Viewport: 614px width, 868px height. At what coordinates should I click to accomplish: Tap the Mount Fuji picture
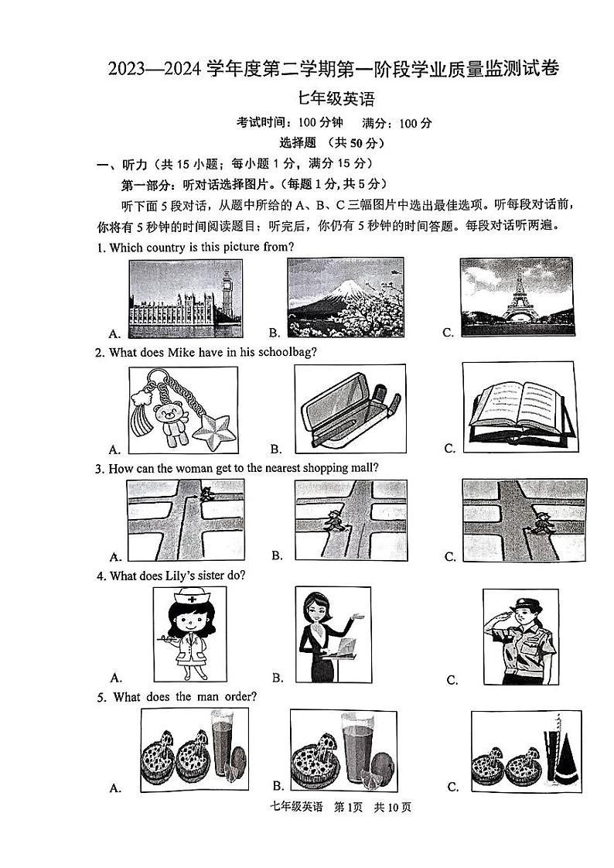[x=345, y=298]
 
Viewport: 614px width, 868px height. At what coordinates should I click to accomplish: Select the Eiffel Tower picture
[x=517, y=298]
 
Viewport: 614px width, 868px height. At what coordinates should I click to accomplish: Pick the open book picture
[x=519, y=408]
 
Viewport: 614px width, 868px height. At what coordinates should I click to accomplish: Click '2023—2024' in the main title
[x=155, y=69]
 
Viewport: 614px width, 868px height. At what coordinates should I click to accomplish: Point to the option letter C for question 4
[x=452, y=680]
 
